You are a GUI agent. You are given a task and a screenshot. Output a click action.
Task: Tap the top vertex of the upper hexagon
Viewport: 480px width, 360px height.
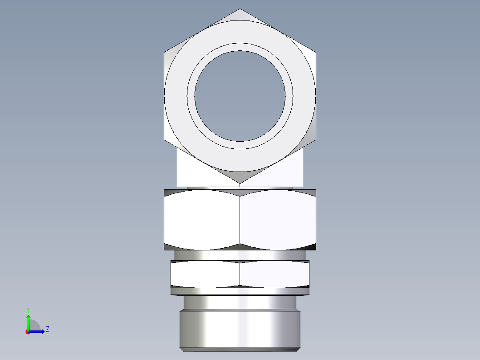[x=240, y=9]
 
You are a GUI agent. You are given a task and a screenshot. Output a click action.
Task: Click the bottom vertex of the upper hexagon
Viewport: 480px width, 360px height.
[x=240, y=183]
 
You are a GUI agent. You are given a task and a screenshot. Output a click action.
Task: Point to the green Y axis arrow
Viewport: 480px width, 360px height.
[x=28, y=321]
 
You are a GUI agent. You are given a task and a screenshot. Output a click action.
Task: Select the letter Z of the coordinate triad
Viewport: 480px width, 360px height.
[x=47, y=329]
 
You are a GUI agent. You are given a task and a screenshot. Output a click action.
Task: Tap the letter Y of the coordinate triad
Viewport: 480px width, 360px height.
[x=28, y=309]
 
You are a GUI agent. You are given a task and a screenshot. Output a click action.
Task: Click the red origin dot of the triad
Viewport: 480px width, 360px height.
[x=28, y=332]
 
